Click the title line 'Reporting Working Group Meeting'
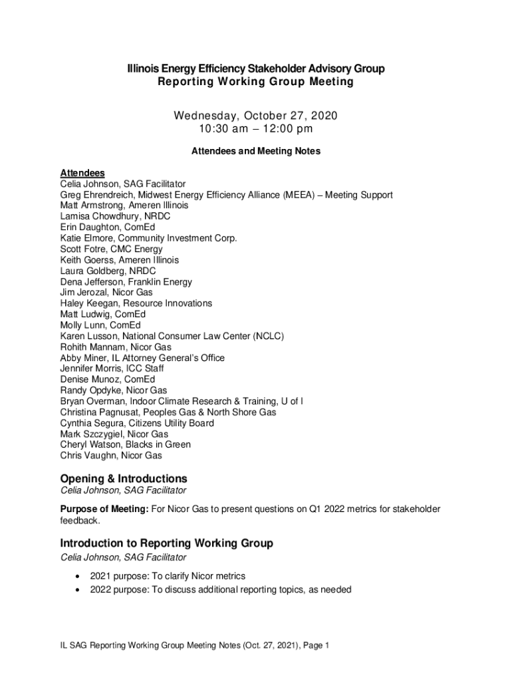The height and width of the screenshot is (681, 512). (255, 82)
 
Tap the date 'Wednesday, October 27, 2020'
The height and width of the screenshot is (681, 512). (255, 116)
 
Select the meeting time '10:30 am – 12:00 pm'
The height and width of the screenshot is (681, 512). (255, 129)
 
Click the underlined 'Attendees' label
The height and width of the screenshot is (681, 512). (82, 173)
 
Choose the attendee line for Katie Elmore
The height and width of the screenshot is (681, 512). (148, 238)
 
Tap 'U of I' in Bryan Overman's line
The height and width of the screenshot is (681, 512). (292, 401)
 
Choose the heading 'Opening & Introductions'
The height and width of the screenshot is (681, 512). (124, 479)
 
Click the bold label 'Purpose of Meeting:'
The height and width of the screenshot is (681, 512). (104, 509)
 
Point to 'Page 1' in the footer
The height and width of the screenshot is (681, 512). (315, 645)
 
